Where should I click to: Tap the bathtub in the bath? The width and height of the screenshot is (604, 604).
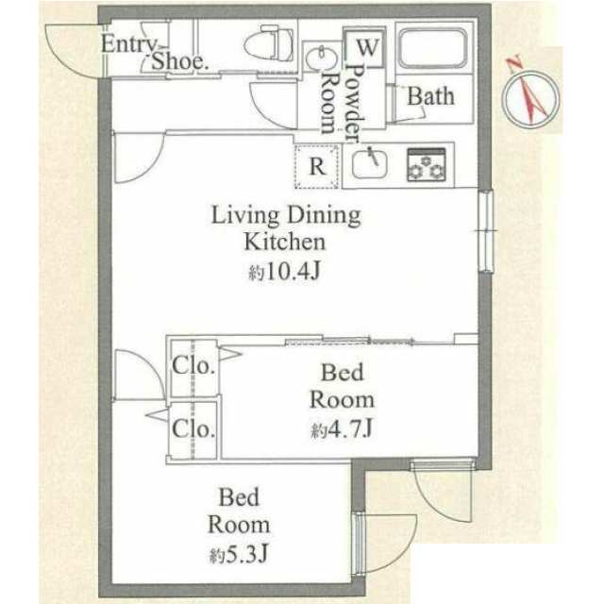point(432,48)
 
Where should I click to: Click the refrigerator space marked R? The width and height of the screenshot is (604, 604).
point(317,166)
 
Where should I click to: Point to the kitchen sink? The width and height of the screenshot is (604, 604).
point(370,163)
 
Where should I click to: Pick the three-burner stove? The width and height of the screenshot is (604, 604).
point(427,164)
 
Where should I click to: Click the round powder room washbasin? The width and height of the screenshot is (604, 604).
point(321,58)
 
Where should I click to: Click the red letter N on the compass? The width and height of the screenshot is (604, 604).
point(513,63)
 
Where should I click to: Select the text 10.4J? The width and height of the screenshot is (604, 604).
point(292,272)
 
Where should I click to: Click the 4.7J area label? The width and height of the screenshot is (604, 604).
point(350,428)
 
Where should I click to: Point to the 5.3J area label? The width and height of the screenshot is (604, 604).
point(246,555)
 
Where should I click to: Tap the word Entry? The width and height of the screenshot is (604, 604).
point(129,44)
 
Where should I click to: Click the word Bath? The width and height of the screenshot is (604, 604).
point(430,96)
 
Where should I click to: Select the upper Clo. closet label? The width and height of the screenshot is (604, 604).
point(193,365)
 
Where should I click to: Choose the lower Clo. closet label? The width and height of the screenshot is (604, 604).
point(193,428)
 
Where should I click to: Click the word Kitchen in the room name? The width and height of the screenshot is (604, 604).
point(285,242)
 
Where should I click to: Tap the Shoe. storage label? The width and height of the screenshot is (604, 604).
point(180,60)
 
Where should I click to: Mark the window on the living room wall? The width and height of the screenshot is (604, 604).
point(485,231)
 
